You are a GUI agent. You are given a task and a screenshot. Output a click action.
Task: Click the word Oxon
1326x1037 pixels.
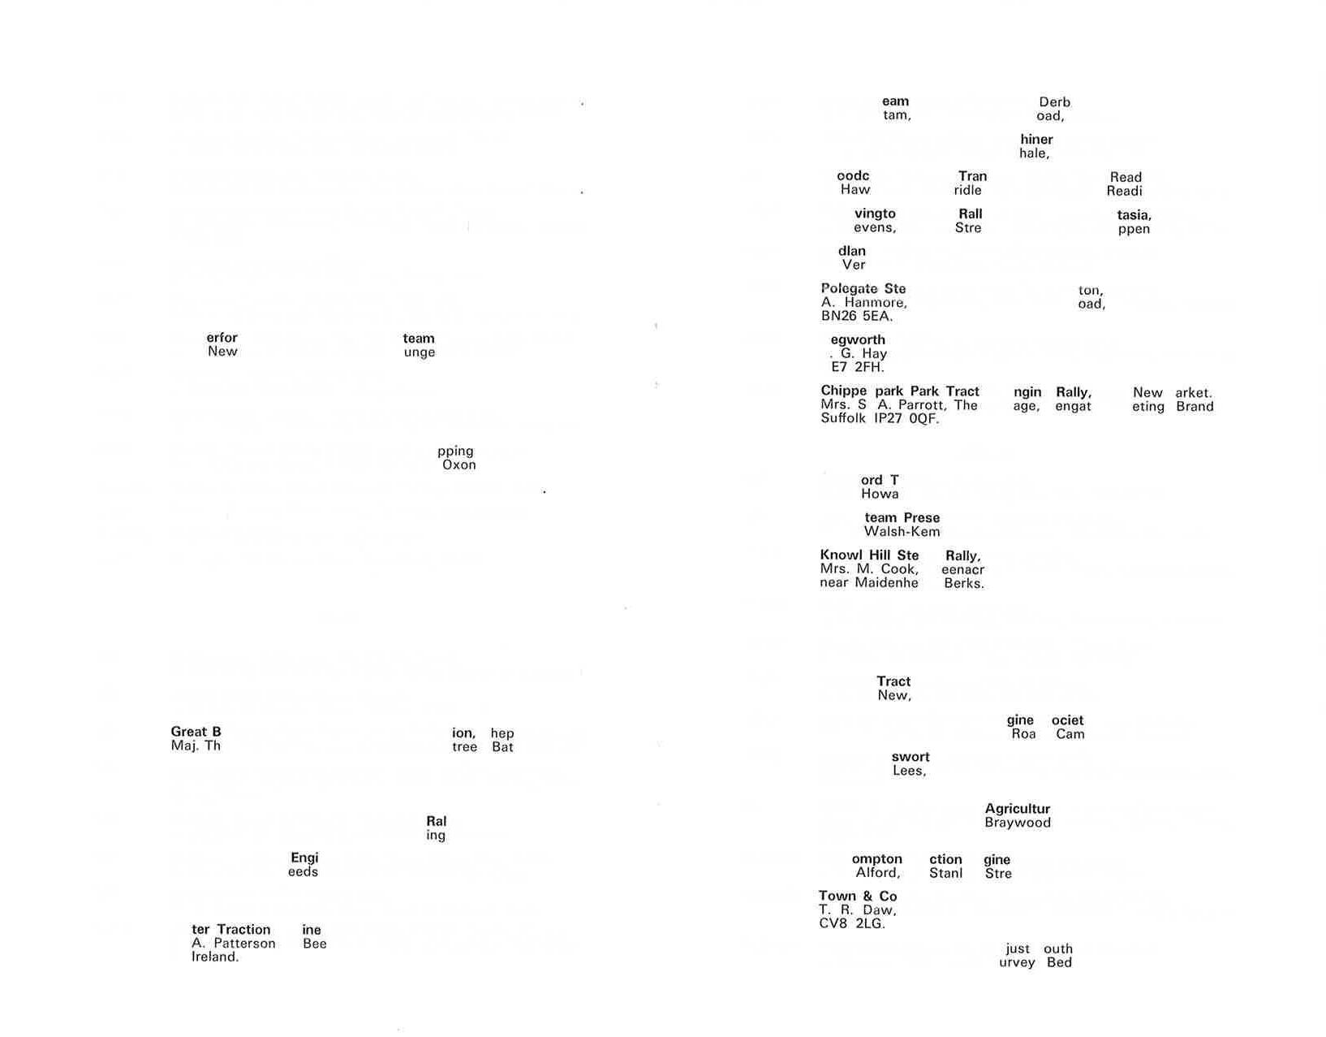459,464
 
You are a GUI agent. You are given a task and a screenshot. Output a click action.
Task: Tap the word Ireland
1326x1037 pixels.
215,957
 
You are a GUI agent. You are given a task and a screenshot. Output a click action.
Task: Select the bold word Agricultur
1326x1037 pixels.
1017,809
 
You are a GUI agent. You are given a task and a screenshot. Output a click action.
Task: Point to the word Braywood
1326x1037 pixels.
1018,823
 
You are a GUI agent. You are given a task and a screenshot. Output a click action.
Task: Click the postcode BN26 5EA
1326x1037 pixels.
857,316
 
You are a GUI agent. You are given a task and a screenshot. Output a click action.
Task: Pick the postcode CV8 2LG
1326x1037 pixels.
851,923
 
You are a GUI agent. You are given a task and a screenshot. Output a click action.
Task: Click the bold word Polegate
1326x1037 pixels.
849,288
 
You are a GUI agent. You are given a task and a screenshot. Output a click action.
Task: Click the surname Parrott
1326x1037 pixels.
922,405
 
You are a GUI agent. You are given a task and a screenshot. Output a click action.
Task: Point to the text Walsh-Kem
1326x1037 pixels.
902,532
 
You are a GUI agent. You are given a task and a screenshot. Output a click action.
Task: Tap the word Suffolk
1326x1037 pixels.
843,418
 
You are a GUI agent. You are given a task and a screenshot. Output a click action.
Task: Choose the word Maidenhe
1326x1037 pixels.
886,583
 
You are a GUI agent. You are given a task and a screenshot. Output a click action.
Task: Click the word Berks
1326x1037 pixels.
964,583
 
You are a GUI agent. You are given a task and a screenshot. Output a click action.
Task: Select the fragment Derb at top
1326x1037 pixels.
1054,102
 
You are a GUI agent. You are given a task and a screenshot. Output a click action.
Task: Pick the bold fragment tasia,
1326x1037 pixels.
1134,215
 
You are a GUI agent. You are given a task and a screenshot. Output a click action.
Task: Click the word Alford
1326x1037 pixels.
877,873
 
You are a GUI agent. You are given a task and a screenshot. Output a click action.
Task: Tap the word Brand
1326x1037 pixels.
1195,407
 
